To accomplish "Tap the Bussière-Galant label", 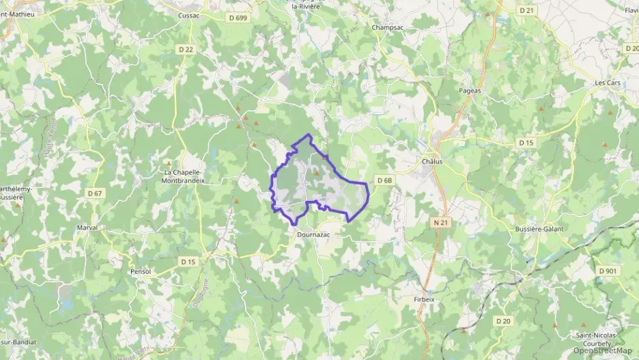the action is point(539,229).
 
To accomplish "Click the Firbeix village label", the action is point(424,300).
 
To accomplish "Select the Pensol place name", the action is point(140,271).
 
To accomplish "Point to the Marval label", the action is point(87,227).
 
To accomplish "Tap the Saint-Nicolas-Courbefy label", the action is point(596,340).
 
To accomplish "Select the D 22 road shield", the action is point(186,49).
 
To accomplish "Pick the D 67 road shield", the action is point(95,193).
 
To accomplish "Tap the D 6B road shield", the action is point(384,180).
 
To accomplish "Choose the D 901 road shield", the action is point(607,271).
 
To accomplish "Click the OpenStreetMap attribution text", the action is point(602,350).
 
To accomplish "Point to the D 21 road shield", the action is point(526,10).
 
